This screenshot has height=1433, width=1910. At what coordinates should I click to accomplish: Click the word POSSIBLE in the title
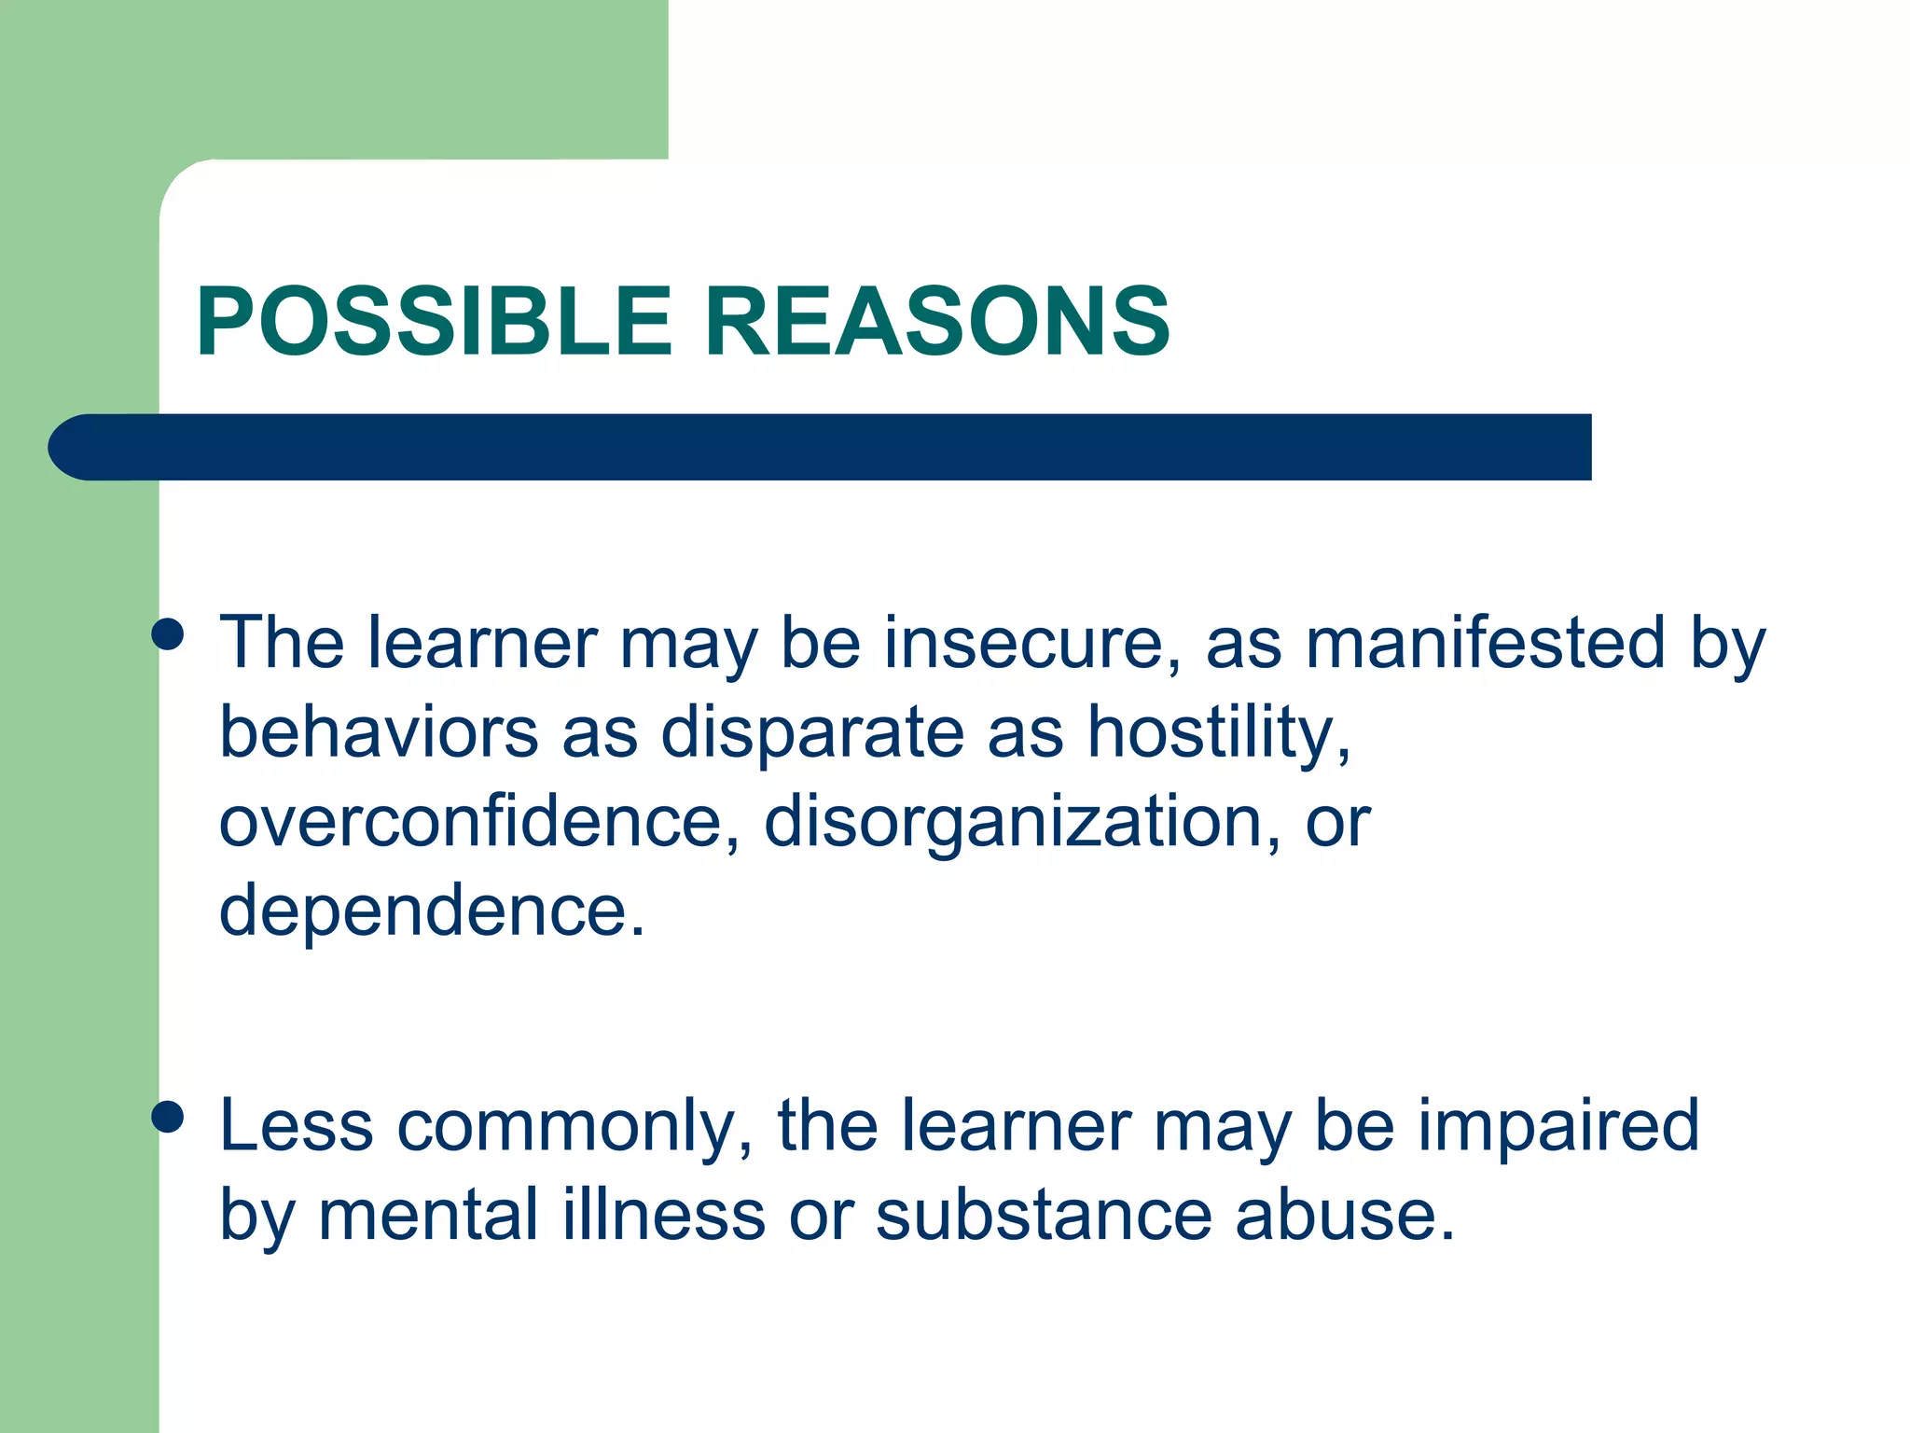coord(434,322)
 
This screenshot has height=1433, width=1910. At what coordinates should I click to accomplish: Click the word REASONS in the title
coord(936,322)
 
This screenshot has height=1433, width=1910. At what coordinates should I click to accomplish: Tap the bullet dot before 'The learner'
coord(168,635)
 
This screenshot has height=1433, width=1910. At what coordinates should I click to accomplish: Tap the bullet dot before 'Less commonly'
coord(168,1117)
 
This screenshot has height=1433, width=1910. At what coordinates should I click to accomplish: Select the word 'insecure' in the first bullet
coord(1022,644)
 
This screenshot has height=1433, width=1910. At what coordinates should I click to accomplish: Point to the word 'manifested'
coord(1485,644)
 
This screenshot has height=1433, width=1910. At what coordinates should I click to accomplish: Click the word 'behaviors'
coord(379,732)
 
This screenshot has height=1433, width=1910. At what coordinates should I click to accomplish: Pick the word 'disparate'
coord(812,732)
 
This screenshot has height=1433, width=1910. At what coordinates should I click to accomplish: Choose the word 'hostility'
coord(1218,732)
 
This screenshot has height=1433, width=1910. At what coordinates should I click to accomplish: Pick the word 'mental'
coord(428,1216)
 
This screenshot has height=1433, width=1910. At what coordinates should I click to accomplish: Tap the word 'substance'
coord(1044,1216)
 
